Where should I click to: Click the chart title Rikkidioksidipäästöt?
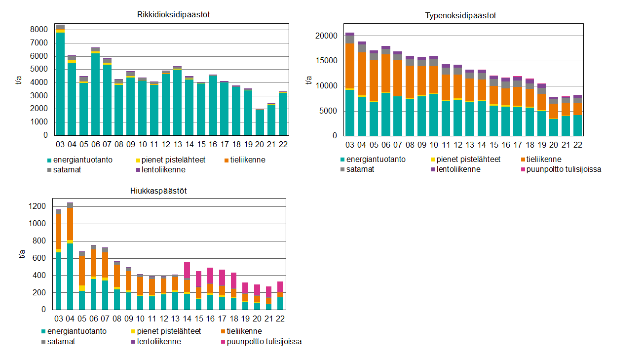click(x=174, y=14)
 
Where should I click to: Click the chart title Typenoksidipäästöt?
click(x=460, y=15)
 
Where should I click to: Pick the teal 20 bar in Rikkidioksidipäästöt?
click(x=260, y=122)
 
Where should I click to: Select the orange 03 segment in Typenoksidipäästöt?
click(x=350, y=66)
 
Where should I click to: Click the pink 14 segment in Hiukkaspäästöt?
click(x=187, y=271)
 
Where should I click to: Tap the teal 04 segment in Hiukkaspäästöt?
click(x=70, y=277)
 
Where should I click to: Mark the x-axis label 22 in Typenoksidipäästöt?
click(x=577, y=145)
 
